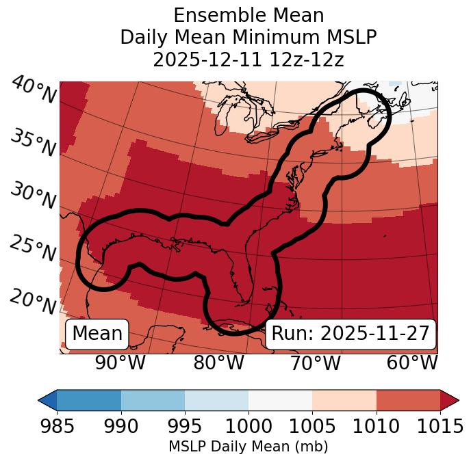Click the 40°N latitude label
coord(34,90)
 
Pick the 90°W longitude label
coord(120,363)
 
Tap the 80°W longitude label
coord(218,363)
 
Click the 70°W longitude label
coord(315,363)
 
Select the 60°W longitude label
coord(412,363)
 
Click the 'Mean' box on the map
coord(97,334)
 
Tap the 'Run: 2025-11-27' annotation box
coord(351,334)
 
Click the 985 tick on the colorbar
coord(57,426)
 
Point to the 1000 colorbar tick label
coord(249,426)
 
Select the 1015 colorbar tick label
coord(440,426)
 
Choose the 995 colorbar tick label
coord(185,426)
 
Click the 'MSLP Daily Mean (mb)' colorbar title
coord(248,447)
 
